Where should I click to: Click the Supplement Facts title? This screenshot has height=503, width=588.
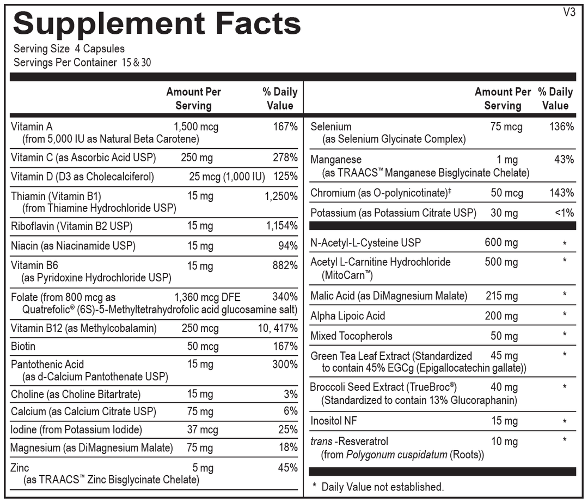pos(157,23)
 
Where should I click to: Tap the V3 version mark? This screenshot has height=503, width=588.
pos(568,13)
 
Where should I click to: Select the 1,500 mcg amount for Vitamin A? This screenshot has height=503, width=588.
pos(196,127)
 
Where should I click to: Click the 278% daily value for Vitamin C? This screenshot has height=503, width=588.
pos(285,158)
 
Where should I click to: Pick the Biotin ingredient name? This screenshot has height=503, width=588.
pos(23,346)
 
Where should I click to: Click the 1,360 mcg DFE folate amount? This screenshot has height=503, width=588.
pos(207,298)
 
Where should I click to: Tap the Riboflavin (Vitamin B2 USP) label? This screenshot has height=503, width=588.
pos(72,226)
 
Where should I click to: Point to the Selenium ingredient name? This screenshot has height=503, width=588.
pos(331,127)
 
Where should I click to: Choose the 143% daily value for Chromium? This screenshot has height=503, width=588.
pos(561,193)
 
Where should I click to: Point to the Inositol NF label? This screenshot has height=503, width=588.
pos(334,421)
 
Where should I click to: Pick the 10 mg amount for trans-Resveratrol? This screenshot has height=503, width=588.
pos(504,441)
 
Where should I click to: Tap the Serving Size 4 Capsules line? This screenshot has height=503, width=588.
pos(69,49)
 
